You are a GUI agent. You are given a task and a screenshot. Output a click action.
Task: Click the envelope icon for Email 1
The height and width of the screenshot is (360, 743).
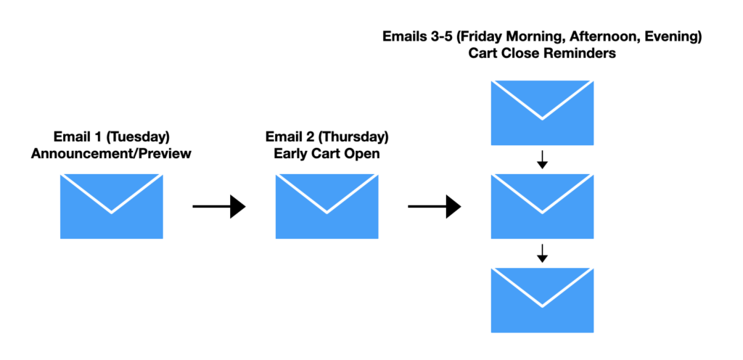[x=111, y=206]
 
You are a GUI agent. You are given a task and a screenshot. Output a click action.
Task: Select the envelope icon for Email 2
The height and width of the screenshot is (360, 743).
[x=327, y=206]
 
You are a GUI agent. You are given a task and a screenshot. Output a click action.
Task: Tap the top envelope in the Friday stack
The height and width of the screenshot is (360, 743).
[x=542, y=112]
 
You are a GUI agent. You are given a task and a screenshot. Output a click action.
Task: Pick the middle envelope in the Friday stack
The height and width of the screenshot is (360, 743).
[x=542, y=206]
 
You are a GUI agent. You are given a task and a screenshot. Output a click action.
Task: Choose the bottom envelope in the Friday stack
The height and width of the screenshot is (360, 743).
[x=542, y=300]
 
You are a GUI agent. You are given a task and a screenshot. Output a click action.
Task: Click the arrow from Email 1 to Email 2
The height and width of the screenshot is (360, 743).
[x=219, y=207]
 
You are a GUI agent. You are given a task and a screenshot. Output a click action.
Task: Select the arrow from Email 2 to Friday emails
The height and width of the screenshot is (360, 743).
[x=435, y=207]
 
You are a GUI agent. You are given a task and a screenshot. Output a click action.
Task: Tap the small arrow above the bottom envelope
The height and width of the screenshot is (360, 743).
[x=543, y=254]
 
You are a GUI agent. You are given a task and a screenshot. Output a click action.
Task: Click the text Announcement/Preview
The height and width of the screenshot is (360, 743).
[x=111, y=154]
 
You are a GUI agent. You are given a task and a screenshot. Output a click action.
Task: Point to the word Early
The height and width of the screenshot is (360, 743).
[x=289, y=155]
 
